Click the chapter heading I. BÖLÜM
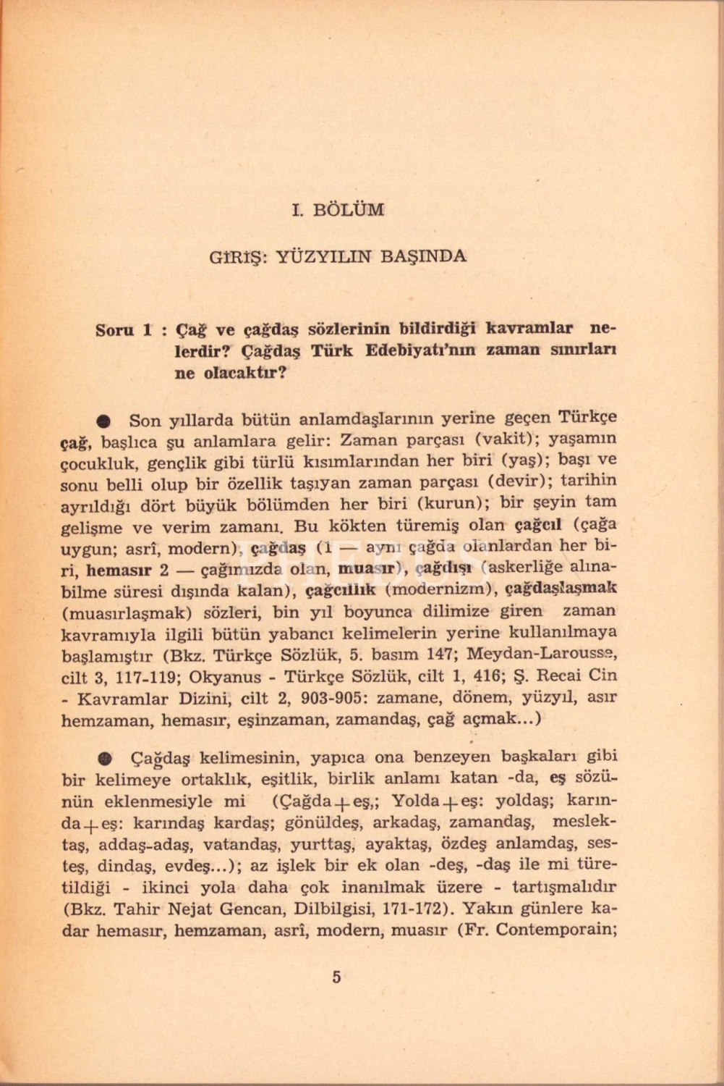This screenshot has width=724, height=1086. click(x=338, y=210)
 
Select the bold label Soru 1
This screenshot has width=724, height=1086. click(x=124, y=330)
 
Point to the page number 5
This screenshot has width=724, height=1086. click(x=336, y=977)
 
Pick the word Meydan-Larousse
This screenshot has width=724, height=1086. click(x=542, y=654)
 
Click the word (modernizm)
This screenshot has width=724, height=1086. click(x=440, y=589)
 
